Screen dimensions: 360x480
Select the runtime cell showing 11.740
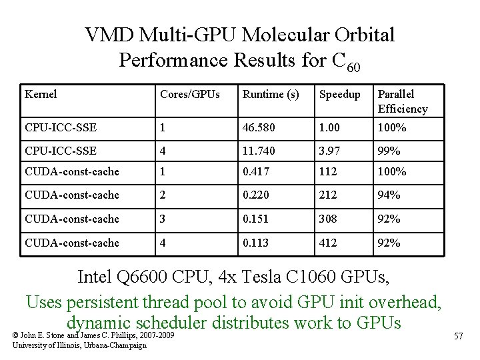point(259,151)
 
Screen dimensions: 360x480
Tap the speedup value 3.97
point(330,151)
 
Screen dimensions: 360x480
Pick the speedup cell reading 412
point(329,243)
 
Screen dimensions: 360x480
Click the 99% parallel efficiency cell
point(389,151)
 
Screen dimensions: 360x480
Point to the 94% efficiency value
point(389,195)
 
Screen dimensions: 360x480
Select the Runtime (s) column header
point(271,95)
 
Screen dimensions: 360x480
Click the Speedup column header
point(339,95)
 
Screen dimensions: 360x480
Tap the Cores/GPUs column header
point(188,95)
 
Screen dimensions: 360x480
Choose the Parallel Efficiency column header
point(402,101)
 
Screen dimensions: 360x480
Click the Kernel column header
point(41,95)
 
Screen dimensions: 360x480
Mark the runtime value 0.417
point(256,171)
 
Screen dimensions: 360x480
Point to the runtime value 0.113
point(256,243)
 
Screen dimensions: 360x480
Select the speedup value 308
point(329,219)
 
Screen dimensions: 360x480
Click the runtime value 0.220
point(256,195)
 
